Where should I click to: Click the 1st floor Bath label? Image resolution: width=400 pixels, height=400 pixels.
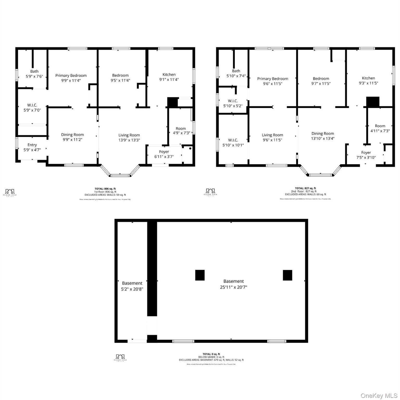pos(34,71)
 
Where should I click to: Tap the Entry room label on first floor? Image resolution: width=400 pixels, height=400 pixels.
pos(32,145)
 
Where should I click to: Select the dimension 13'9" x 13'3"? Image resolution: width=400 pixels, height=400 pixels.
pos(129,140)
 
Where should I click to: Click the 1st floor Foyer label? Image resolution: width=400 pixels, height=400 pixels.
pos(164,152)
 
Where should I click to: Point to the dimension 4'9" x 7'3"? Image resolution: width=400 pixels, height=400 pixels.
pos(181,133)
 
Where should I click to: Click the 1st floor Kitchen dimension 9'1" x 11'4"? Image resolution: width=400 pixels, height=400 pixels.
pos(169,80)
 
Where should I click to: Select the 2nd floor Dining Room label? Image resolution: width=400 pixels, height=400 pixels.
pos(323,133)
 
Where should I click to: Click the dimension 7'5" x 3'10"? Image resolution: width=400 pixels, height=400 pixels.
pos(366,158)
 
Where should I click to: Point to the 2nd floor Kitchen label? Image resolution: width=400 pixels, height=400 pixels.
pos(368,78)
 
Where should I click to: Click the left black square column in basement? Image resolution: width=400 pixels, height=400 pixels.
pos(200,275)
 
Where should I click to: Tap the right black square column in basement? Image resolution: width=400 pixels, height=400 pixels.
pos(287,275)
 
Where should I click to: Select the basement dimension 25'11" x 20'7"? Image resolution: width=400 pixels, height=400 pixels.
pos(234,287)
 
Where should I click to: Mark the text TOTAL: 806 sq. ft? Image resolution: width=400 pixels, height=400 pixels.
pos(105,189)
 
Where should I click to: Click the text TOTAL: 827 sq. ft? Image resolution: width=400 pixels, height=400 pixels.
pos(305,188)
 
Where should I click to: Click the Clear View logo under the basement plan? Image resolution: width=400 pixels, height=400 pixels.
pos(120,358)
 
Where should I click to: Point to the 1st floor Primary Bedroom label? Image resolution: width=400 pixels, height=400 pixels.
pos(71,76)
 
